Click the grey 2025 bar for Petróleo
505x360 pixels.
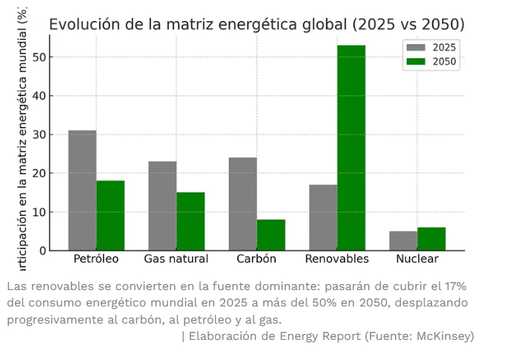click(82, 190)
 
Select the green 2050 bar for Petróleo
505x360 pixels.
click(110, 216)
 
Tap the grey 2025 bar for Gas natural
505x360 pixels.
click(162, 206)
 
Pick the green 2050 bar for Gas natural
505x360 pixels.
click(190, 222)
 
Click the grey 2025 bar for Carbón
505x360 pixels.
click(242, 204)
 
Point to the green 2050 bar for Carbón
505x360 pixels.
click(271, 235)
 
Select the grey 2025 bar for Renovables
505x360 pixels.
click(323, 217)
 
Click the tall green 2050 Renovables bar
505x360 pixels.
click(351, 148)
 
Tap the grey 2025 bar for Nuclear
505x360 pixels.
click(403, 241)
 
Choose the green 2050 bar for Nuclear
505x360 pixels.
click(431, 239)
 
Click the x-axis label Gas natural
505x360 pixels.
click(176, 259)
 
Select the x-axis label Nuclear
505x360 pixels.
click(417, 259)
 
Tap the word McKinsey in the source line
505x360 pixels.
click(444, 336)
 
